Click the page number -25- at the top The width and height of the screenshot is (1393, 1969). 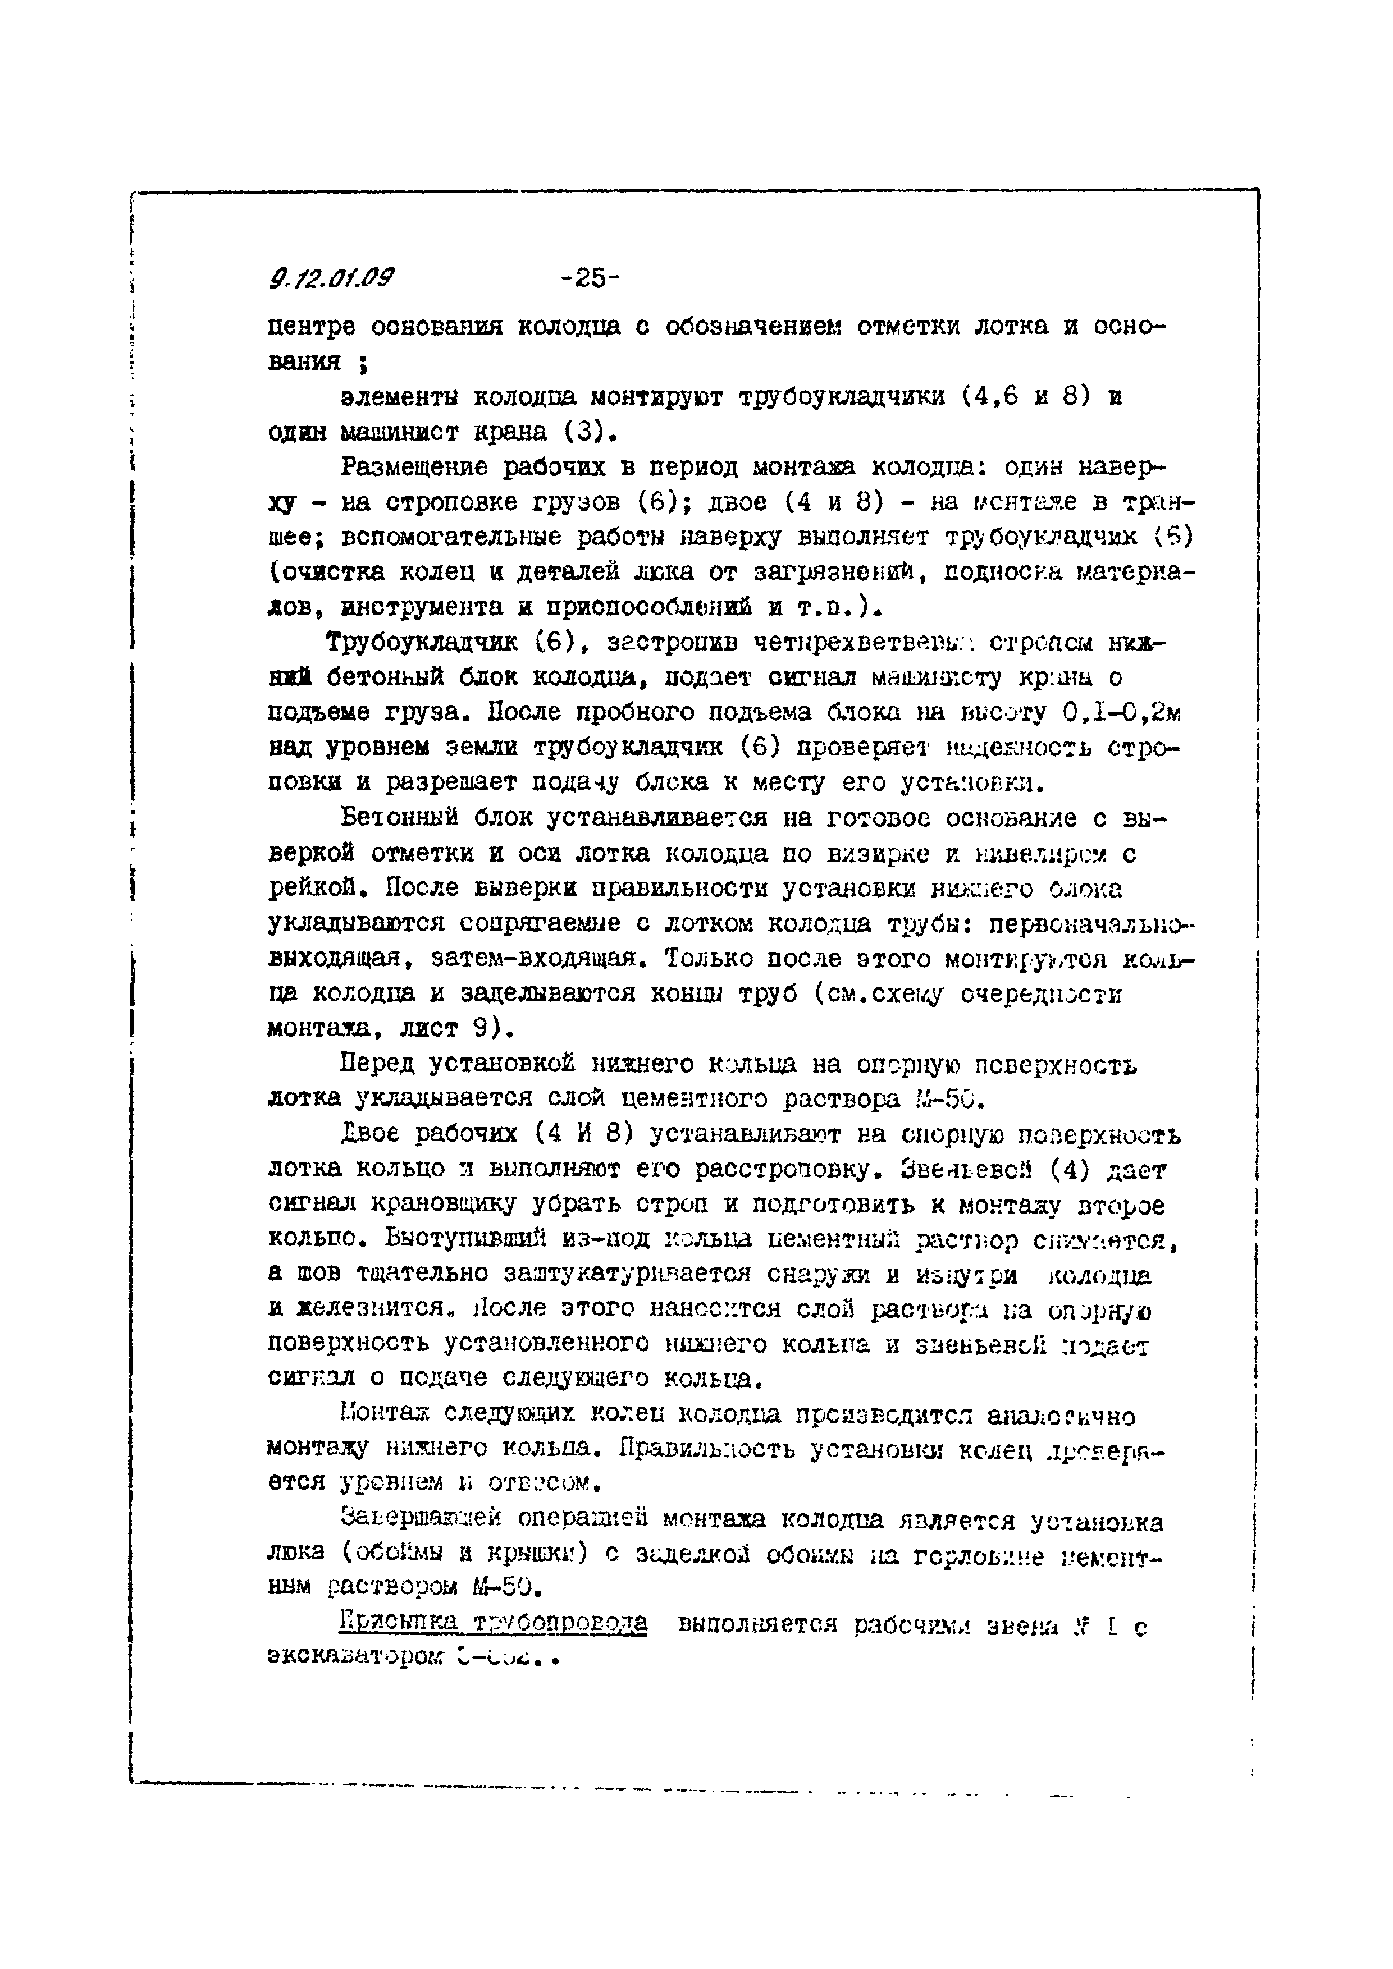tap(590, 278)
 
